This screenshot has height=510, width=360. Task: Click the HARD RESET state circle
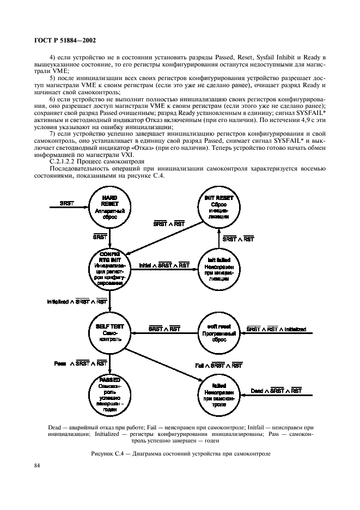click(x=109, y=203)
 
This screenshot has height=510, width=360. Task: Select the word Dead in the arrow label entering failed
click(x=257, y=390)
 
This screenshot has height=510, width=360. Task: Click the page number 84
click(x=38, y=465)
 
